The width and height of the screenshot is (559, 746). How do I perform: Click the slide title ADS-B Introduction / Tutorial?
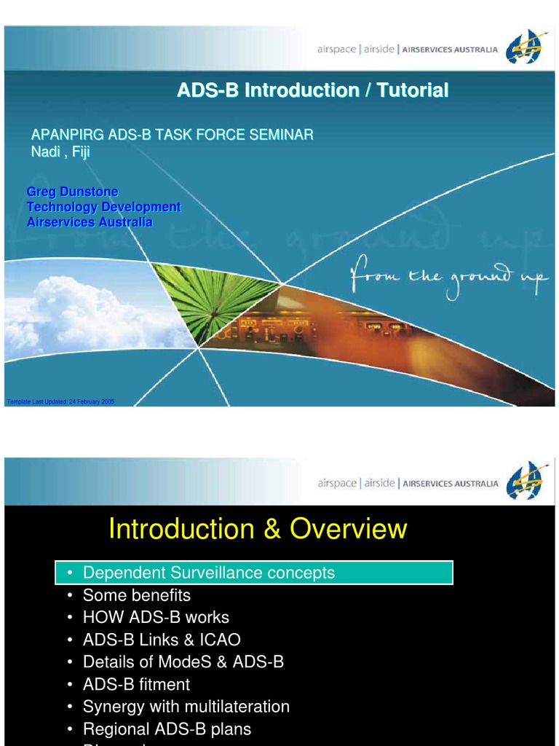pyautogui.click(x=313, y=90)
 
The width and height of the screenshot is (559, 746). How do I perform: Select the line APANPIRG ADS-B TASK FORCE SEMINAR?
pyautogui.click(x=172, y=135)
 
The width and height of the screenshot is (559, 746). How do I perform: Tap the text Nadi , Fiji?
pyautogui.click(x=60, y=152)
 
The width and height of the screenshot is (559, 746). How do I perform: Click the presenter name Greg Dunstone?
pyautogui.click(x=72, y=192)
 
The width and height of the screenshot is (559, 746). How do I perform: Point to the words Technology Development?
pyautogui.click(x=103, y=207)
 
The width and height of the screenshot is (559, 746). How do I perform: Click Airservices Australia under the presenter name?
pyautogui.click(x=90, y=222)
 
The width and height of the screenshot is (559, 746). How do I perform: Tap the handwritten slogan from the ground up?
pyautogui.click(x=448, y=279)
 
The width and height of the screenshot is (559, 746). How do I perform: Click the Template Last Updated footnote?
pyautogui.click(x=60, y=401)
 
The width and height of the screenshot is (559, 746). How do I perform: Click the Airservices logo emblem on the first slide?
pyautogui.click(x=526, y=48)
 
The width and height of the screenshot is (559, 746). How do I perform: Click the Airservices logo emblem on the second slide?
pyautogui.click(x=526, y=482)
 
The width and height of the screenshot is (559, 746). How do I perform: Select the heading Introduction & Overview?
pyautogui.click(x=258, y=529)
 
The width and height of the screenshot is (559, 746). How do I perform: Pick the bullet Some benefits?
pyautogui.click(x=136, y=595)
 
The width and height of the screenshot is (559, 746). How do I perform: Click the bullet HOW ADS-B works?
pyautogui.click(x=156, y=618)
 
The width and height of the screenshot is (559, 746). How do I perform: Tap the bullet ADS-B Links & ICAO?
pyautogui.click(x=162, y=640)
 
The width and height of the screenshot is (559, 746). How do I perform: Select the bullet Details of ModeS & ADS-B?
pyautogui.click(x=183, y=662)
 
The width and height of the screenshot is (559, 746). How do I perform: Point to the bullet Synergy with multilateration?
pyautogui.click(x=186, y=707)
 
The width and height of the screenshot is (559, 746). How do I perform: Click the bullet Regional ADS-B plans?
pyautogui.click(x=167, y=729)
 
